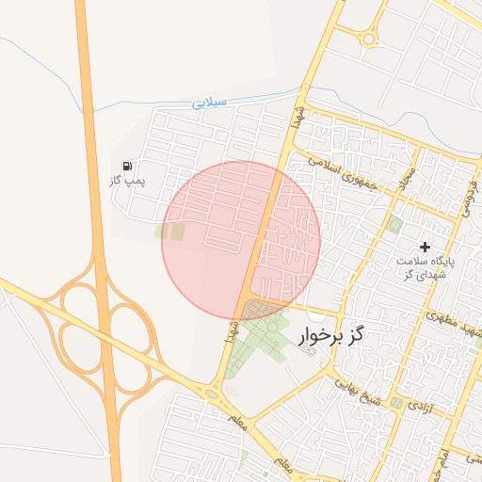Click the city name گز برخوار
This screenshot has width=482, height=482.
[x=332, y=335]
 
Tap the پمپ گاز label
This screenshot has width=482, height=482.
[x=128, y=181]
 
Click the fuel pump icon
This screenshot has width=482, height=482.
[x=128, y=167]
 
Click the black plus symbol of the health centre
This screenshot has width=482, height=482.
[x=425, y=246]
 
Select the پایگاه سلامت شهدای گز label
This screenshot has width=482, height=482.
[x=425, y=266]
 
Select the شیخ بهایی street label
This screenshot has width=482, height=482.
[x=356, y=391]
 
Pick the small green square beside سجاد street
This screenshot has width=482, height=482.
[x=394, y=224]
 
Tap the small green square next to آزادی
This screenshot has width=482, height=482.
[x=396, y=404]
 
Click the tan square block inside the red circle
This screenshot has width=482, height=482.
[x=178, y=231]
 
